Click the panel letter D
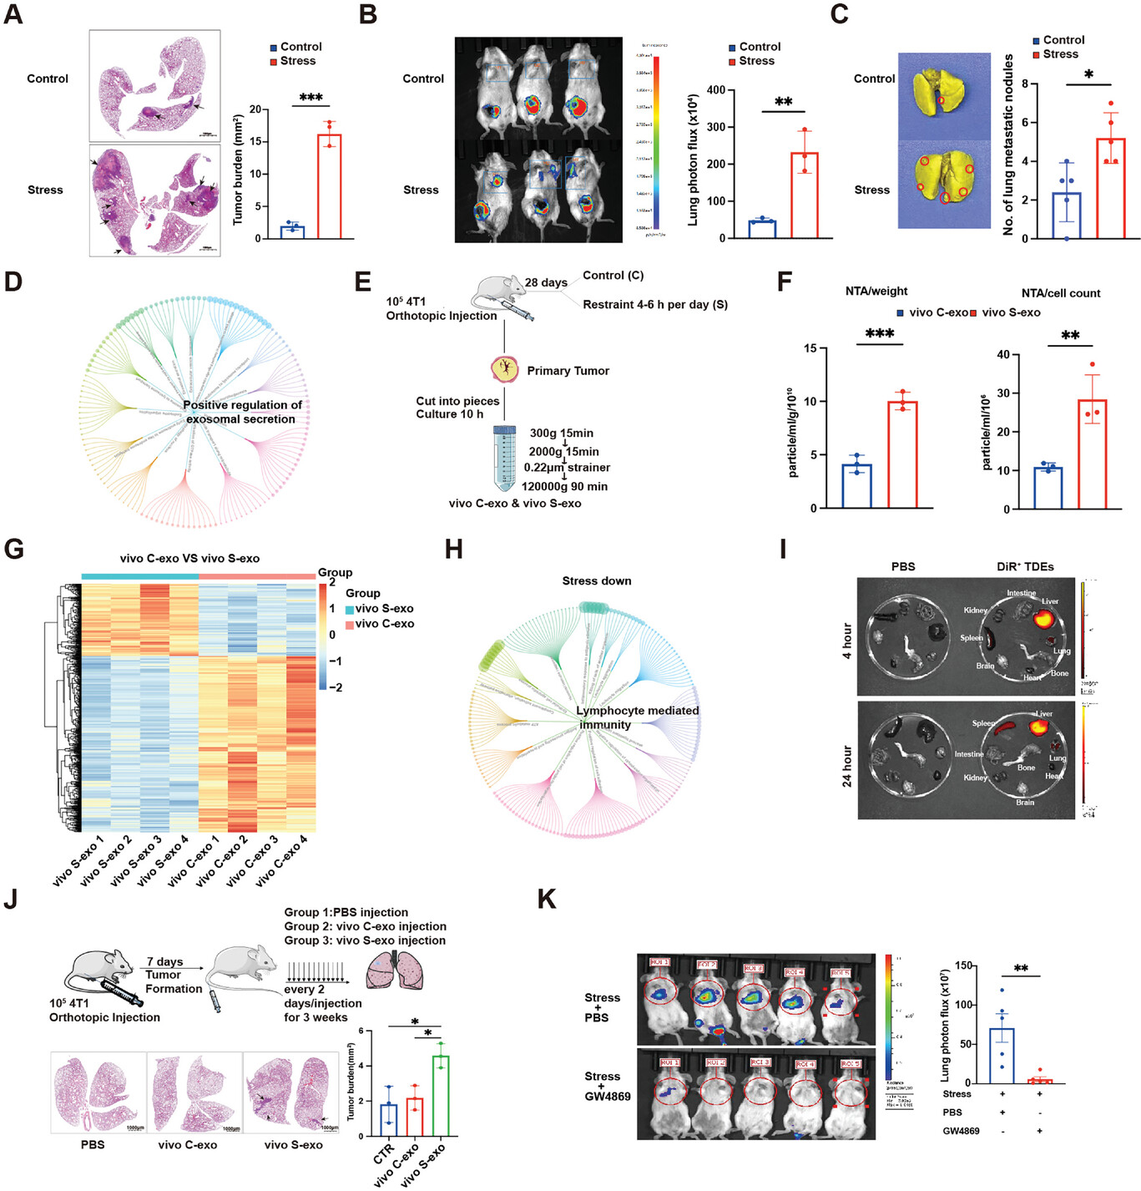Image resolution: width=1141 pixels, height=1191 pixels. pos(13,281)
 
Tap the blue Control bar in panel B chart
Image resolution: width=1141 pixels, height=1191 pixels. pos(762,229)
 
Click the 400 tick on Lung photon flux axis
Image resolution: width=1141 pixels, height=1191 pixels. pos(715,90)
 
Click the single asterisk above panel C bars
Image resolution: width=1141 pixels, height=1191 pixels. pos(1088,75)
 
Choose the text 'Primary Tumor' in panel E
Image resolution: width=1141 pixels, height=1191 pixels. pos(568,371)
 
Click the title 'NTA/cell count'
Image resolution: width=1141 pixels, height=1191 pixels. pos(1060,293)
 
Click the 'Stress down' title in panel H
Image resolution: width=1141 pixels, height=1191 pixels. pos(596,581)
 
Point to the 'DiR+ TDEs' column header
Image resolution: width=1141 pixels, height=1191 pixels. pos(1024,566)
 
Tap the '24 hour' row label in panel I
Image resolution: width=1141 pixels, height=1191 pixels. pos(847,766)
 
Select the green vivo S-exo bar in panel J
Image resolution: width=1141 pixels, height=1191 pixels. pos(440,1096)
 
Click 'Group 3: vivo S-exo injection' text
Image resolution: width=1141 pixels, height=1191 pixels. pos(365,940)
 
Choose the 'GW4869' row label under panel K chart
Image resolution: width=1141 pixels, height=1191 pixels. pos(961,1131)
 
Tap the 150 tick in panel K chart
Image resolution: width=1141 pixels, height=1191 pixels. pos(963,966)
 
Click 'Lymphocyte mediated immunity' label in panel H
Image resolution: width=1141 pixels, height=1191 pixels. pos(637,717)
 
